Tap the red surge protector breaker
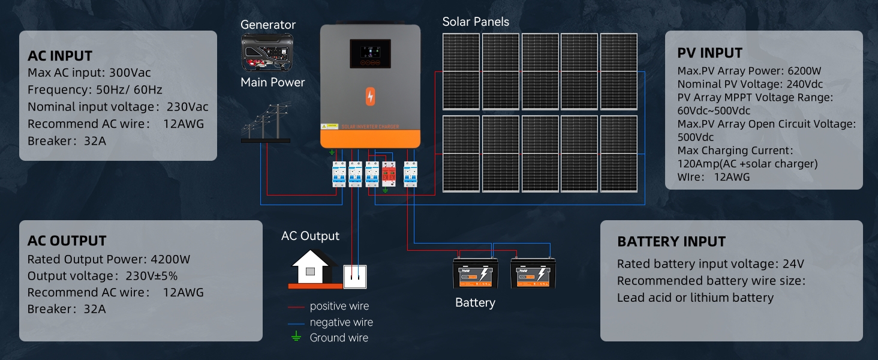tap(389, 173)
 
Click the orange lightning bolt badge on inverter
tap(370, 97)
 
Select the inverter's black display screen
tap(370, 53)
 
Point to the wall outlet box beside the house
tap(354, 276)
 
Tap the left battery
tap(476, 275)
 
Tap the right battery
tap(533, 275)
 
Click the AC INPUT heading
tap(60, 56)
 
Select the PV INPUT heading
tap(710, 53)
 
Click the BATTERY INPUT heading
tap(671, 242)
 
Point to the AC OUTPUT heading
tap(67, 241)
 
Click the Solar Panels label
tap(476, 22)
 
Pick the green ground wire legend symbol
tap(295, 337)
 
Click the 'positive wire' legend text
tap(339, 306)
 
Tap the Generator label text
tap(268, 25)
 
